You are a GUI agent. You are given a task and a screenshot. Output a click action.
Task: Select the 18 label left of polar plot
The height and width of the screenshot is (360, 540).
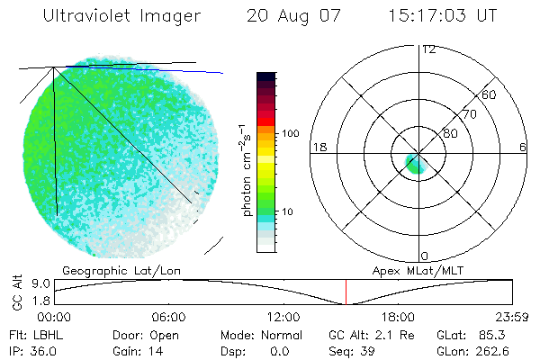point(318,147)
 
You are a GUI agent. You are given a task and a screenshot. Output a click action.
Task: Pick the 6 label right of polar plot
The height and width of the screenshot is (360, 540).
point(523,147)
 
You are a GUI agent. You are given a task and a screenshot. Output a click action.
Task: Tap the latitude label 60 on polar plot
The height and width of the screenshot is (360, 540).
point(490,94)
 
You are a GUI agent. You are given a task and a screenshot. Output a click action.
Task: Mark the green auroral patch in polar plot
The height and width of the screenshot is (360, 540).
point(414,165)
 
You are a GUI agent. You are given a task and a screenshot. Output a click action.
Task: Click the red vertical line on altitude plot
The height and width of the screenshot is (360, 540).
point(346,292)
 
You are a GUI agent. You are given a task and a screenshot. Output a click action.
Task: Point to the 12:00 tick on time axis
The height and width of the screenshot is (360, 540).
point(283,317)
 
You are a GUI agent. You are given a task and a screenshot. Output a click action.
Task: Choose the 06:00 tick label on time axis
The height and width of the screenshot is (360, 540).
point(168,317)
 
